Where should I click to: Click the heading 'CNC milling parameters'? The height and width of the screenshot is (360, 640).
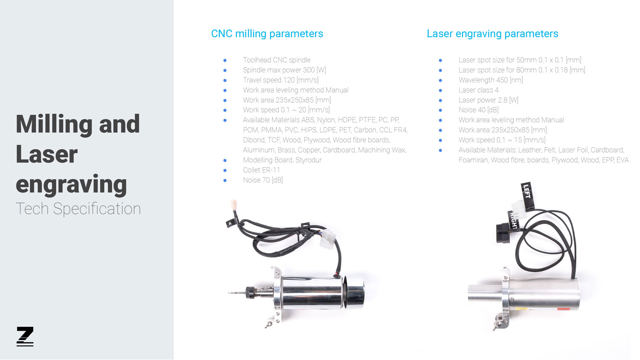267,34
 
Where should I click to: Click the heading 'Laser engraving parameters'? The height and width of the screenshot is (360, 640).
492,34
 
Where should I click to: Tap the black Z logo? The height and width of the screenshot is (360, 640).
25,336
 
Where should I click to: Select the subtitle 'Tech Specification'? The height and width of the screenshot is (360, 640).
78,209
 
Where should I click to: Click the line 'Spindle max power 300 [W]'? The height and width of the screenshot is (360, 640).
284,70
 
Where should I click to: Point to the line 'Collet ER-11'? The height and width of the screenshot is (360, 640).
262,170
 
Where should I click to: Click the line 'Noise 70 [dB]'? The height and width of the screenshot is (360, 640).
263,180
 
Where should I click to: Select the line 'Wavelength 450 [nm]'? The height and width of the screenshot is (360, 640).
491,80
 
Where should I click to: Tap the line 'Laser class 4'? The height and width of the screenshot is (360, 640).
479,90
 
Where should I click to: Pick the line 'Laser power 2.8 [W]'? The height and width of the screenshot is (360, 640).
488,100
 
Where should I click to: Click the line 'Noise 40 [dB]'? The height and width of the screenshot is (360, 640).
479,110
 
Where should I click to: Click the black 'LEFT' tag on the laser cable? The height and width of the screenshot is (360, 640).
527,196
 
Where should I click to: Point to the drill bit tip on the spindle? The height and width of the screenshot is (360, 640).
229,293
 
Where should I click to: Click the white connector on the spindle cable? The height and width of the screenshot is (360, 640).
328,239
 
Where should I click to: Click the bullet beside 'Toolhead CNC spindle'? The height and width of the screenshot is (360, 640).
225,60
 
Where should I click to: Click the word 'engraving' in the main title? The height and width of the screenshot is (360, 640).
71,185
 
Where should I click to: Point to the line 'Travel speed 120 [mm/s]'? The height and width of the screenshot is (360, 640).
281,80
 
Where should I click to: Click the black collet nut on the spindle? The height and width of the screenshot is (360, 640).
250,293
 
